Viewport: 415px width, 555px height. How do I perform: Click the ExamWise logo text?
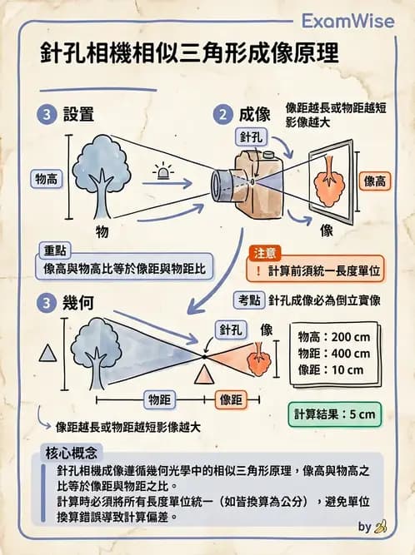347,19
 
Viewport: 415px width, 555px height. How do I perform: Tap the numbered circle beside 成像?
222,114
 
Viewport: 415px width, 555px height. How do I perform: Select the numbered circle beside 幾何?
48,301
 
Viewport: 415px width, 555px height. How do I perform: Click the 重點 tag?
59,250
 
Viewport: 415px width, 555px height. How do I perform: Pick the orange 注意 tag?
268,251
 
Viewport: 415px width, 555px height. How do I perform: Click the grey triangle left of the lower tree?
48,354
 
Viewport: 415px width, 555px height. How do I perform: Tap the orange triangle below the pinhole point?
201,376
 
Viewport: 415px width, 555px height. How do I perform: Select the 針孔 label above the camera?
253,136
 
